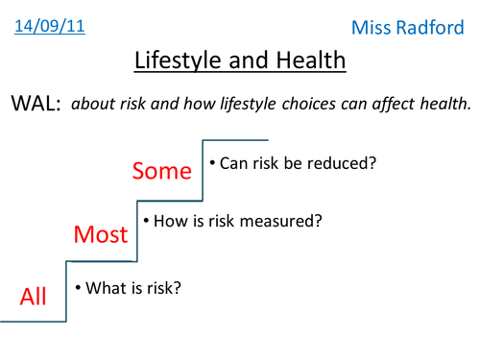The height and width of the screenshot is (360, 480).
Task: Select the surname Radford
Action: point(431,28)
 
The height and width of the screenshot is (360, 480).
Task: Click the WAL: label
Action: point(36,106)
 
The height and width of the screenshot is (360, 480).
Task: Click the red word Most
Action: point(103,233)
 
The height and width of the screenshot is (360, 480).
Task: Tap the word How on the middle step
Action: point(168,221)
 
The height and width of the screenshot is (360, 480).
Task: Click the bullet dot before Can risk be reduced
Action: point(212,163)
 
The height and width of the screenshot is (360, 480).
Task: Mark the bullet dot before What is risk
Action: point(78,286)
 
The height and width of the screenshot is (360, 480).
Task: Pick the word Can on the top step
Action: point(234,163)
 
